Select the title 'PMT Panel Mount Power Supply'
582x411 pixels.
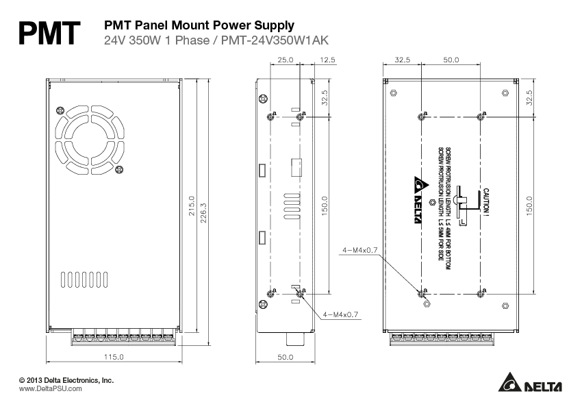199,25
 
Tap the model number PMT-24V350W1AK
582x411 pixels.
278,40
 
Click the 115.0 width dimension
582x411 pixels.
114,357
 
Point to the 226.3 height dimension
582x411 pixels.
204,214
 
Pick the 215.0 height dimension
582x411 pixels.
192,206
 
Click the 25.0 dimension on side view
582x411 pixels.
285,60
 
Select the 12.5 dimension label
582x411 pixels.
327,60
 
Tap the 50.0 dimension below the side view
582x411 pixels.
285,357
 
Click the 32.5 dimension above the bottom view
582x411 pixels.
403,60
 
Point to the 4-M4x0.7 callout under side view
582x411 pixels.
340,314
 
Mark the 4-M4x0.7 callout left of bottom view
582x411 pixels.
360,250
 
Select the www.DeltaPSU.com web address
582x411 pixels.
50,388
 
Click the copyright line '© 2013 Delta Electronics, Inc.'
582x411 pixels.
66,379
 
